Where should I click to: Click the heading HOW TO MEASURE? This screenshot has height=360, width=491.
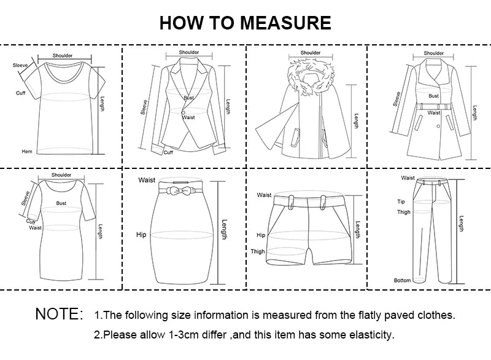245,23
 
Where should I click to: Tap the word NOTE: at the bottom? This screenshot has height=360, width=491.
59,315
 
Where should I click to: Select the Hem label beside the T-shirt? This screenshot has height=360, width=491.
27,151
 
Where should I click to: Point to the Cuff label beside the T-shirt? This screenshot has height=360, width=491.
20,93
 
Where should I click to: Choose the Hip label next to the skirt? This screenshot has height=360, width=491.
141,235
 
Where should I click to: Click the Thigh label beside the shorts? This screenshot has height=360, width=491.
258,251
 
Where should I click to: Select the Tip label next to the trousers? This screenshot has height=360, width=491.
401,201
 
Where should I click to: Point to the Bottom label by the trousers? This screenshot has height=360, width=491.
402,280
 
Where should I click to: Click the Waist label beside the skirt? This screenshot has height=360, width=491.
147,180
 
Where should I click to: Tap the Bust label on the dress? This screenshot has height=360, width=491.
61,203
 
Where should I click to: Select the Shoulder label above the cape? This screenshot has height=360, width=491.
310,53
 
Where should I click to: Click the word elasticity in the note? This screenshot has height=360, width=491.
371,335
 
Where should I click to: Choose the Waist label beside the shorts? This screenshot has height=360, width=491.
264,195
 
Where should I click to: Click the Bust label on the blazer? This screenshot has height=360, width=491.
188,98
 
